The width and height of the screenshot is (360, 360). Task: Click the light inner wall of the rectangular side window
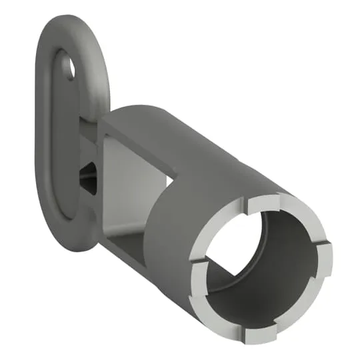[133, 180]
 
